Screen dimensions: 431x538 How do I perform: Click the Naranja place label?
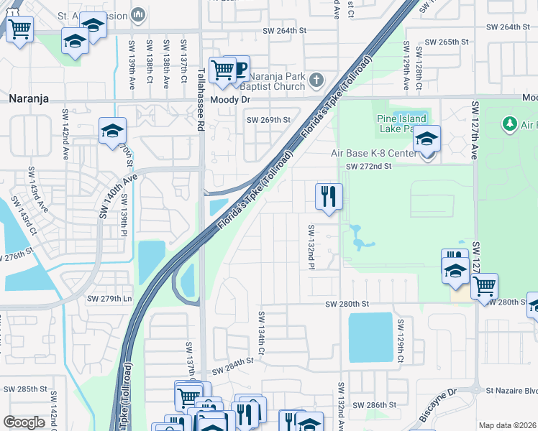(x=29, y=99)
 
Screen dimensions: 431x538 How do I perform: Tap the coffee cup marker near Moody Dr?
(x=238, y=70)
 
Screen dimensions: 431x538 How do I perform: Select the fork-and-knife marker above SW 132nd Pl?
(x=329, y=195)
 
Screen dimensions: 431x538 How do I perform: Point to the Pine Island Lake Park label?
(x=401, y=124)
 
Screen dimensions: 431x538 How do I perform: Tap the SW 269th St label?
(x=268, y=120)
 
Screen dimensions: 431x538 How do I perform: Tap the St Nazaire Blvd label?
(x=511, y=391)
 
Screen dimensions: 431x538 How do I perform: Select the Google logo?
(x=24, y=422)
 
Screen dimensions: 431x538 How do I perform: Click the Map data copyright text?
(x=507, y=425)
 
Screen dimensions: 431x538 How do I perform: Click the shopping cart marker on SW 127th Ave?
(x=484, y=285)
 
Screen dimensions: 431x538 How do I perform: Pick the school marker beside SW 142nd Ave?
(x=112, y=131)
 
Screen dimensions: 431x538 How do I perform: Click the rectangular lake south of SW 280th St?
(x=370, y=336)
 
